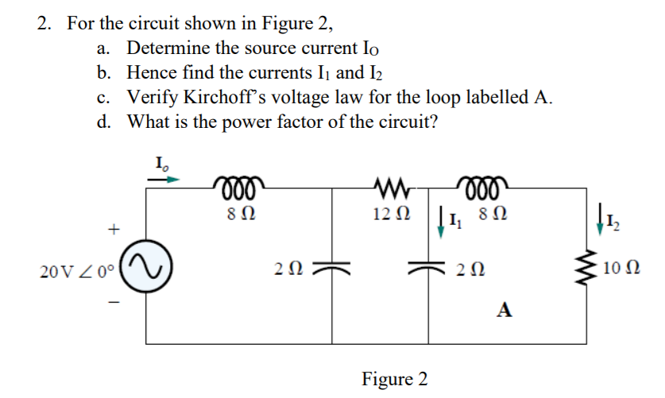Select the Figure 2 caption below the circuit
pos(395,378)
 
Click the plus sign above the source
pos(114,230)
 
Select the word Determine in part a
pos(165,48)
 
